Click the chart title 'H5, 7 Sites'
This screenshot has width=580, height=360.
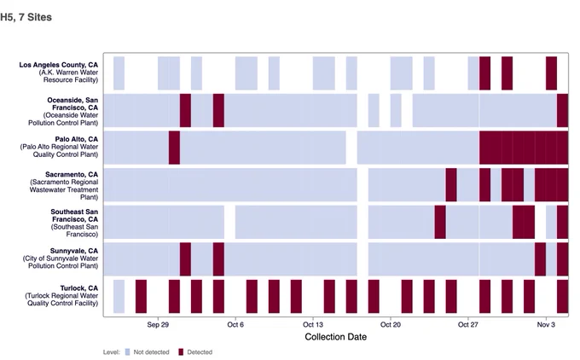(26, 17)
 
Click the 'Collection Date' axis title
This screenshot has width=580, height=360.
(335, 337)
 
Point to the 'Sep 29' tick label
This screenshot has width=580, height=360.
(158, 324)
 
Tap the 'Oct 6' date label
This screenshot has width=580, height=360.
(235, 324)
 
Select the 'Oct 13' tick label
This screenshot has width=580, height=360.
(313, 324)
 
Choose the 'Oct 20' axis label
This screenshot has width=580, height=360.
(391, 324)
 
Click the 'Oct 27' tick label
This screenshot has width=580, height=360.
(468, 324)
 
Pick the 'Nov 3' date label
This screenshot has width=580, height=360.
(546, 324)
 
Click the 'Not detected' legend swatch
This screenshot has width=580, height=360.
(128, 351)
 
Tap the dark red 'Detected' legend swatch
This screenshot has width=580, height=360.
(181, 351)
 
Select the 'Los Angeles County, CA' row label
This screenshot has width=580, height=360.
(59, 65)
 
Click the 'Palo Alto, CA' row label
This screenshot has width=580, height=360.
(77, 139)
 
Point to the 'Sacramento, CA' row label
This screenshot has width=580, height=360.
(72, 174)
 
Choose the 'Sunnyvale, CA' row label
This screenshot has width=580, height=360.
(74, 251)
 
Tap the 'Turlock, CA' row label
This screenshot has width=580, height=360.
(79, 287)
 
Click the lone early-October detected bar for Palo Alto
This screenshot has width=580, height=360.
(174, 148)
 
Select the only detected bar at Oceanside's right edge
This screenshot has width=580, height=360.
(562, 110)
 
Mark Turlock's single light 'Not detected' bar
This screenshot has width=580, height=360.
(119, 296)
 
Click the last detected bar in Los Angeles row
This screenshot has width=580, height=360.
(551, 73)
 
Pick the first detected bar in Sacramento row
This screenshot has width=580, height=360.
(451, 184)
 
